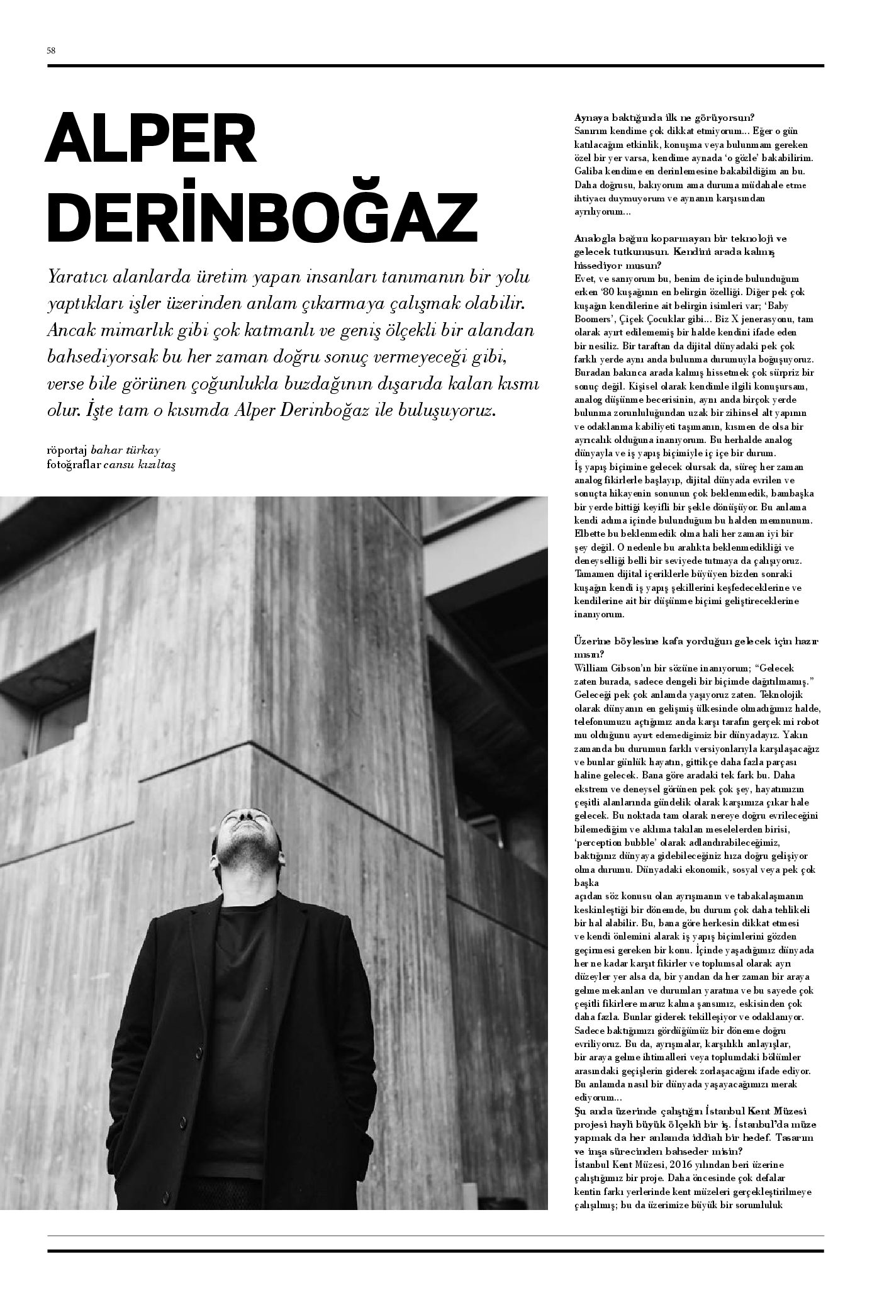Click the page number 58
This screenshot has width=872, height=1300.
(52, 51)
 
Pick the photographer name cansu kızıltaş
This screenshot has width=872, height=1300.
(144, 463)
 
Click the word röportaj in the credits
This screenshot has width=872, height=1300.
(67, 450)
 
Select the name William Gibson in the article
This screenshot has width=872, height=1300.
(608, 668)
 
